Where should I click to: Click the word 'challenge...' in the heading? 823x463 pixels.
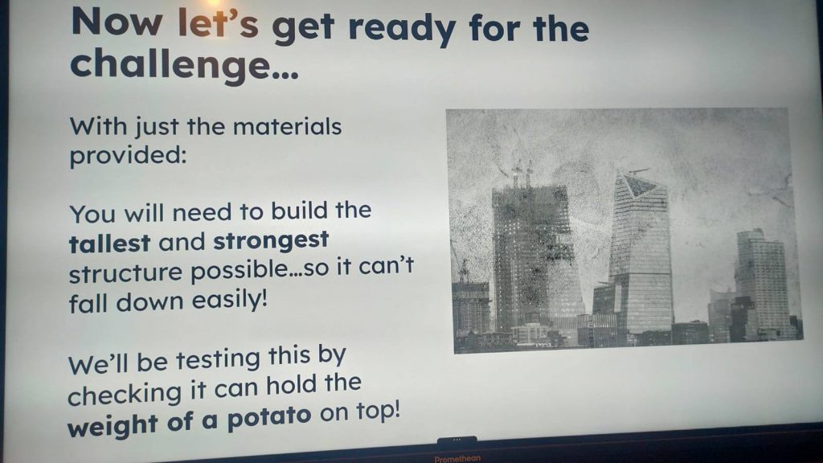pyautogui.click(x=184, y=66)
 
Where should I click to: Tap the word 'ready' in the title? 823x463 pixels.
pyautogui.click(x=402, y=29)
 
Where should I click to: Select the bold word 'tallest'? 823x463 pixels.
pyautogui.click(x=109, y=243)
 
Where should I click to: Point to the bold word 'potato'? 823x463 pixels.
pyautogui.click(x=269, y=418)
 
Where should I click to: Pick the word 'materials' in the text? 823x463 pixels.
pyautogui.click(x=287, y=126)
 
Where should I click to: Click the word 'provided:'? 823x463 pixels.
pyautogui.click(x=128, y=156)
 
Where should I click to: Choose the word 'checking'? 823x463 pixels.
pyautogui.click(x=125, y=394)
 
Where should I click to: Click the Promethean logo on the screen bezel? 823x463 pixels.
pyautogui.click(x=457, y=459)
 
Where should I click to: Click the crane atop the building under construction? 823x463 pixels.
pyautogui.click(x=522, y=174)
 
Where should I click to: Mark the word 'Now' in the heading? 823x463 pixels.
pyautogui.click(x=117, y=22)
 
